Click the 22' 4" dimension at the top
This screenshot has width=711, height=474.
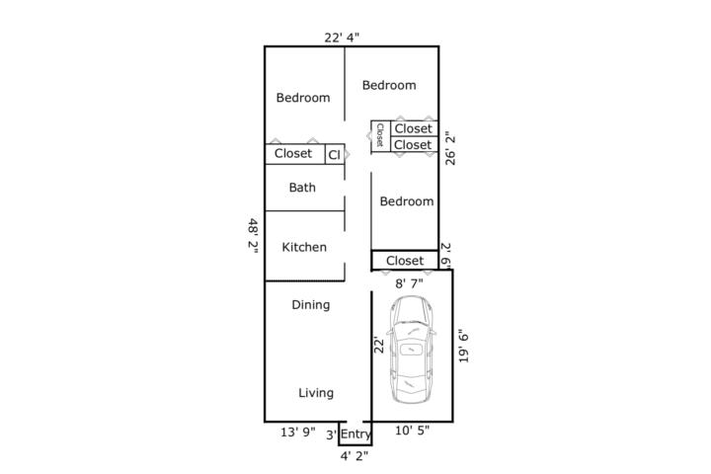342,38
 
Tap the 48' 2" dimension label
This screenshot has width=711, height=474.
253,236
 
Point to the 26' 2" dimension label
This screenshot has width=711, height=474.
450,148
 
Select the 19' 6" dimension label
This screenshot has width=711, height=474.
463,346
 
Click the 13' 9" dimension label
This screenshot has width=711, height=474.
298,433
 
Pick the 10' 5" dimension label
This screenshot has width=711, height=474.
412,430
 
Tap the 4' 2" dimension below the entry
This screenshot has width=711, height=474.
355,456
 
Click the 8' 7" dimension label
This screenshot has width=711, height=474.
409,283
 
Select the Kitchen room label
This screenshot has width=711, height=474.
304,247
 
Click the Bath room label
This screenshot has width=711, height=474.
302,188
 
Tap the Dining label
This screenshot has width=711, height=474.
311,305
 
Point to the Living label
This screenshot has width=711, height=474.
316,393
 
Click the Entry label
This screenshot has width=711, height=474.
355,434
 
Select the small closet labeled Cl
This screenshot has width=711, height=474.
335,154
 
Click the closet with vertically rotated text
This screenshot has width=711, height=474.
381,136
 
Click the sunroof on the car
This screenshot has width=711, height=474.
412,349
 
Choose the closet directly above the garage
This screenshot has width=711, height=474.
405,261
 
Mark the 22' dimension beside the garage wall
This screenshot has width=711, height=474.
378,345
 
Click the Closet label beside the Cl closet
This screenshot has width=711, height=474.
293,153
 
